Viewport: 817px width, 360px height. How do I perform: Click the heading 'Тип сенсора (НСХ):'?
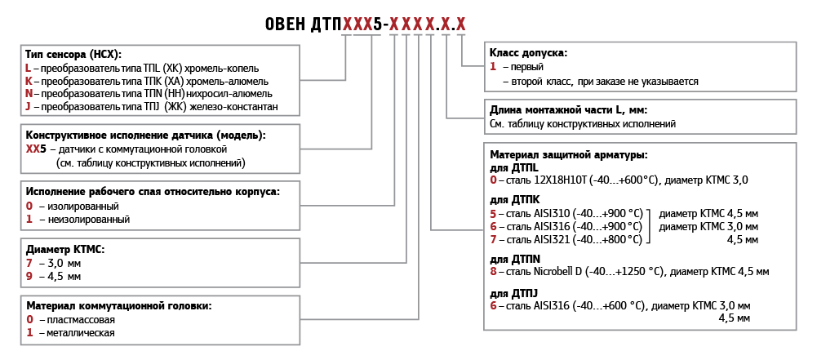tap(73, 55)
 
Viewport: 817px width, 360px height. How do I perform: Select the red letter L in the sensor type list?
tap(29, 69)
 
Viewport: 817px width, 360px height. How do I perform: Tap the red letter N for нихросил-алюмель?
tap(29, 94)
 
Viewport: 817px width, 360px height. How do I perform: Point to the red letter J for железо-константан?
tap(29, 107)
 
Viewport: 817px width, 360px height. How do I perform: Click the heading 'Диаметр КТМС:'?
tap(65, 250)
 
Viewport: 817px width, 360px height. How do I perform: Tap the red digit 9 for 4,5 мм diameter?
tap(29, 277)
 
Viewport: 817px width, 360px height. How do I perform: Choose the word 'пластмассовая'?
tap(81, 319)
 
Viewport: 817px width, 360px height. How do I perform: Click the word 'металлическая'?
tap(81, 332)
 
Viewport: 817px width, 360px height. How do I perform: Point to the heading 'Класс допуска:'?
tap(528, 53)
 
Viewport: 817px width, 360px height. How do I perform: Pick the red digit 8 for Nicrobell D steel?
tap(493, 271)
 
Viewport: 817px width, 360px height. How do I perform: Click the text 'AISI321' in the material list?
tap(553, 239)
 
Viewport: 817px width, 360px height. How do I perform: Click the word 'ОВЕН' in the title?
tap(285, 24)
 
